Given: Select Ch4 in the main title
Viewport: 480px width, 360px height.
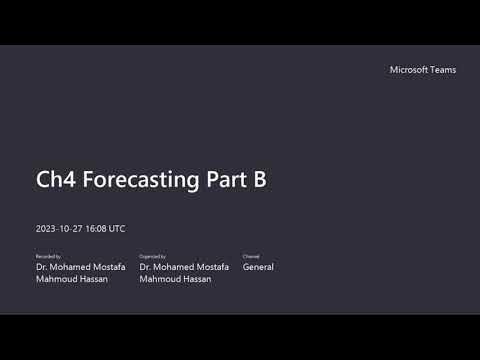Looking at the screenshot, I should point(56,180).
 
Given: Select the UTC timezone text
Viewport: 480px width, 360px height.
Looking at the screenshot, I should point(117,229).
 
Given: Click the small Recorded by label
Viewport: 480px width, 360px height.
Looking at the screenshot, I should point(47,257).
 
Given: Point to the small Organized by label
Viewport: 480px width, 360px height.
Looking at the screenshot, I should point(153,257).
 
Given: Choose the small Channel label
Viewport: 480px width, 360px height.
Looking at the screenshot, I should point(250,257).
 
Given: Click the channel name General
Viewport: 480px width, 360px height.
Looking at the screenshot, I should point(258,267).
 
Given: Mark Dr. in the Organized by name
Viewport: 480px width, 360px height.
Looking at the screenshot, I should point(146,267).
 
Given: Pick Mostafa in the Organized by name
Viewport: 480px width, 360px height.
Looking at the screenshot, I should point(212,267).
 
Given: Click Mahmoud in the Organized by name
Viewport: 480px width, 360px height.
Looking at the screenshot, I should point(158,279).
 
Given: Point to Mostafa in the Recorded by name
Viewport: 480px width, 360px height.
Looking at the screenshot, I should point(108,267).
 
